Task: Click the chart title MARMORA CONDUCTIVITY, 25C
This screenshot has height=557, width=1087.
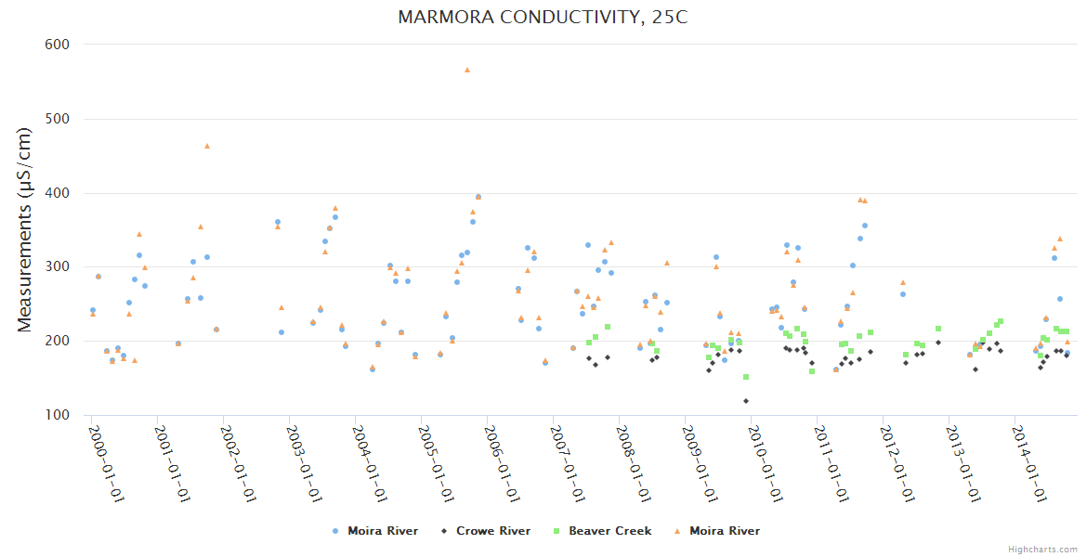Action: pyautogui.click(x=543, y=18)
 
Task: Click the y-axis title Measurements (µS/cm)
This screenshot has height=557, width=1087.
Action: pyautogui.click(x=25, y=229)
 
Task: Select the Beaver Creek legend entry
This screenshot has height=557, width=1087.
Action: pyautogui.click(x=609, y=531)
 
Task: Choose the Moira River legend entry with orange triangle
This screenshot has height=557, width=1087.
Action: pyautogui.click(x=724, y=531)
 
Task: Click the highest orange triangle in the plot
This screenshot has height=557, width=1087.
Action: pyautogui.click(x=467, y=70)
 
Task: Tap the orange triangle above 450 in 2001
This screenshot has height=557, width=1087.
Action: pyautogui.click(x=207, y=146)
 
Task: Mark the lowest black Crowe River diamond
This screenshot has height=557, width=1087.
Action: pyautogui.click(x=746, y=401)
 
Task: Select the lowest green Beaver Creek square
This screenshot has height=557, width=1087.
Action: pyautogui.click(x=746, y=377)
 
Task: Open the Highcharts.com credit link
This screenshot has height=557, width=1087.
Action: pyautogui.click(x=1042, y=549)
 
